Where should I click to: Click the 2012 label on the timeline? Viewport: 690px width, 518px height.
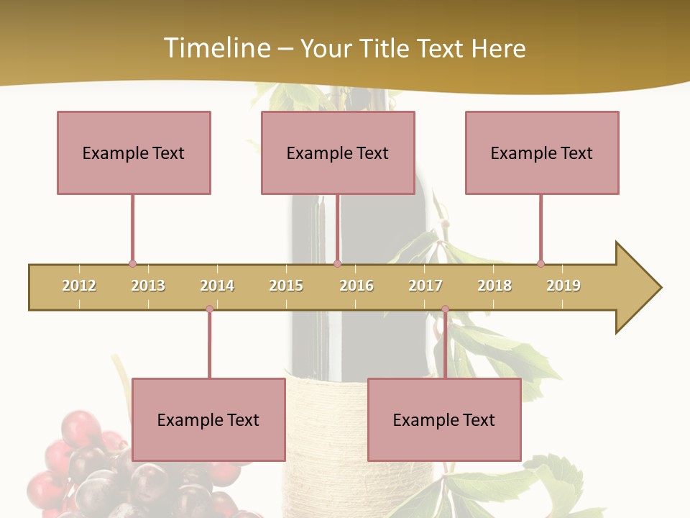click(x=79, y=286)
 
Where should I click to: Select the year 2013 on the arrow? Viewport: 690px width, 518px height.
click(x=148, y=286)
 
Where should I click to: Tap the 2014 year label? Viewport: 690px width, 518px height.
click(x=217, y=286)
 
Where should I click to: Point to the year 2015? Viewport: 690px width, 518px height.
click(x=286, y=286)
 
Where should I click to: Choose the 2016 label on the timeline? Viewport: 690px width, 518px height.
click(x=356, y=286)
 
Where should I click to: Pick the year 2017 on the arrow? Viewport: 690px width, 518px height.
click(x=425, y=286)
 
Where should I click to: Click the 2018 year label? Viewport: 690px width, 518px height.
click(x=494, y=286)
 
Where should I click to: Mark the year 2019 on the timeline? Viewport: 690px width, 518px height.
click(x=563, y=286)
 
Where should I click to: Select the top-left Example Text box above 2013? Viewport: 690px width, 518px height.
click(x=134, y=153)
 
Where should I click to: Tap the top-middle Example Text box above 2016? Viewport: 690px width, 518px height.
click(x=338, y=153)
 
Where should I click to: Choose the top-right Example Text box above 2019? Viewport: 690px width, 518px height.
click(x=542, y=153)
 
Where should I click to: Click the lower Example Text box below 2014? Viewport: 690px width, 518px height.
click(x=208, y=419)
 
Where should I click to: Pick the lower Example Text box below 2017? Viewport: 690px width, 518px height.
click(x=444, y=419)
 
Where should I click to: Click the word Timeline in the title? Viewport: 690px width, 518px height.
click(x=216, y=48)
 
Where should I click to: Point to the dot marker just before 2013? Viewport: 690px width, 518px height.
click(x=132, y=264)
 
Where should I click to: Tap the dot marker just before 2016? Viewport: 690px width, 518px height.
click(x=338, y=264)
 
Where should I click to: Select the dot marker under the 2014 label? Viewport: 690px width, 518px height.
click(x=209, y=309)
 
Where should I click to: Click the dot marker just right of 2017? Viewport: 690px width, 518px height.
click(x=445, y=309)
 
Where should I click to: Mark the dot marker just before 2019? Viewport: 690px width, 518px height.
click(x=540, y=264)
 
